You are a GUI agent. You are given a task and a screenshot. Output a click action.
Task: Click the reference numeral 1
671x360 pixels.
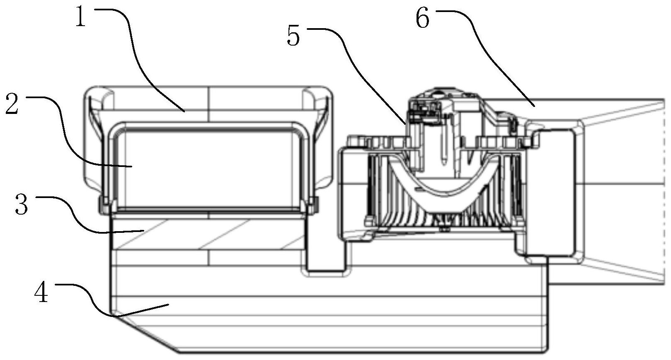pyautogui.click(x=80, y=17)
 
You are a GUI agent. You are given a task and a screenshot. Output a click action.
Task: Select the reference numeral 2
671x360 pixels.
pyautogui.click(x=12, y=103)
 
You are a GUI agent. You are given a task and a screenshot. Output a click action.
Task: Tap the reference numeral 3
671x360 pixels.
pyautogui.click(x=22, y=204)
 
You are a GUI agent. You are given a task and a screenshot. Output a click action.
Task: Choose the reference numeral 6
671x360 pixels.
pyautogui.click(x=423, y=18)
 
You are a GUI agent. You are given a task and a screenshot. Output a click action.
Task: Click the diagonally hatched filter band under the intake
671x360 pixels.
pyautogui.click(x=208, y=234)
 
